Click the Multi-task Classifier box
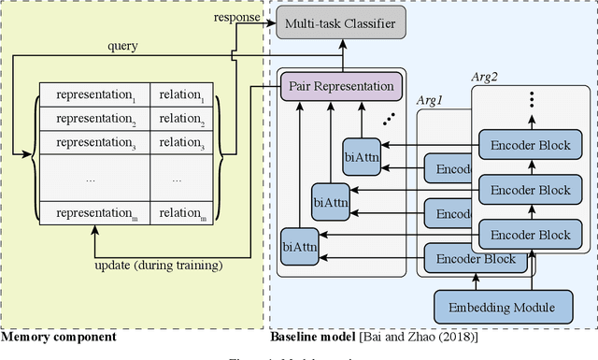tap(340, 22)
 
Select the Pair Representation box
tap(340, 87)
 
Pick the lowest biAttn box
tap(299, 247)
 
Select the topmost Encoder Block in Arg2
tap(530, 143)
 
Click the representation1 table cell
tap(95, 95)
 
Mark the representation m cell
tap(95, 213)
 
